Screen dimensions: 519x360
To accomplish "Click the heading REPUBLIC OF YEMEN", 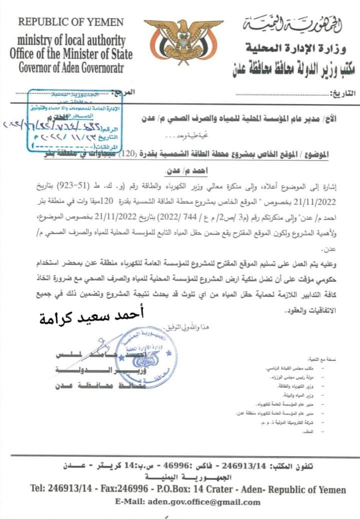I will tap(70, 22).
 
